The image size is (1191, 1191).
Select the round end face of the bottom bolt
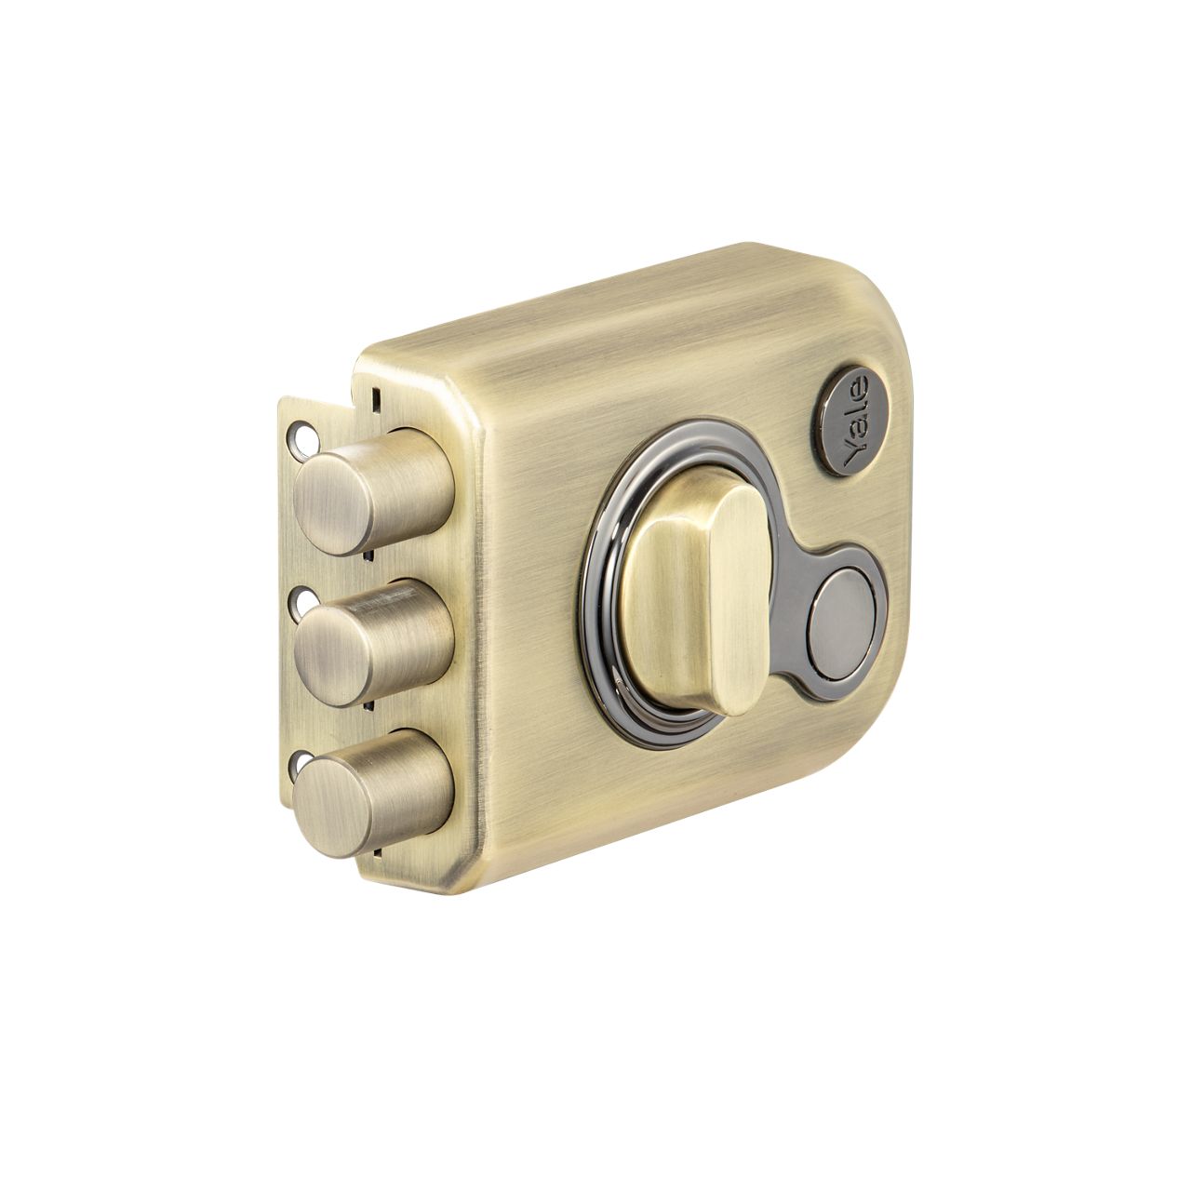coord(334,808)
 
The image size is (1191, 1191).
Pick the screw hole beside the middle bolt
coord(302,600)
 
